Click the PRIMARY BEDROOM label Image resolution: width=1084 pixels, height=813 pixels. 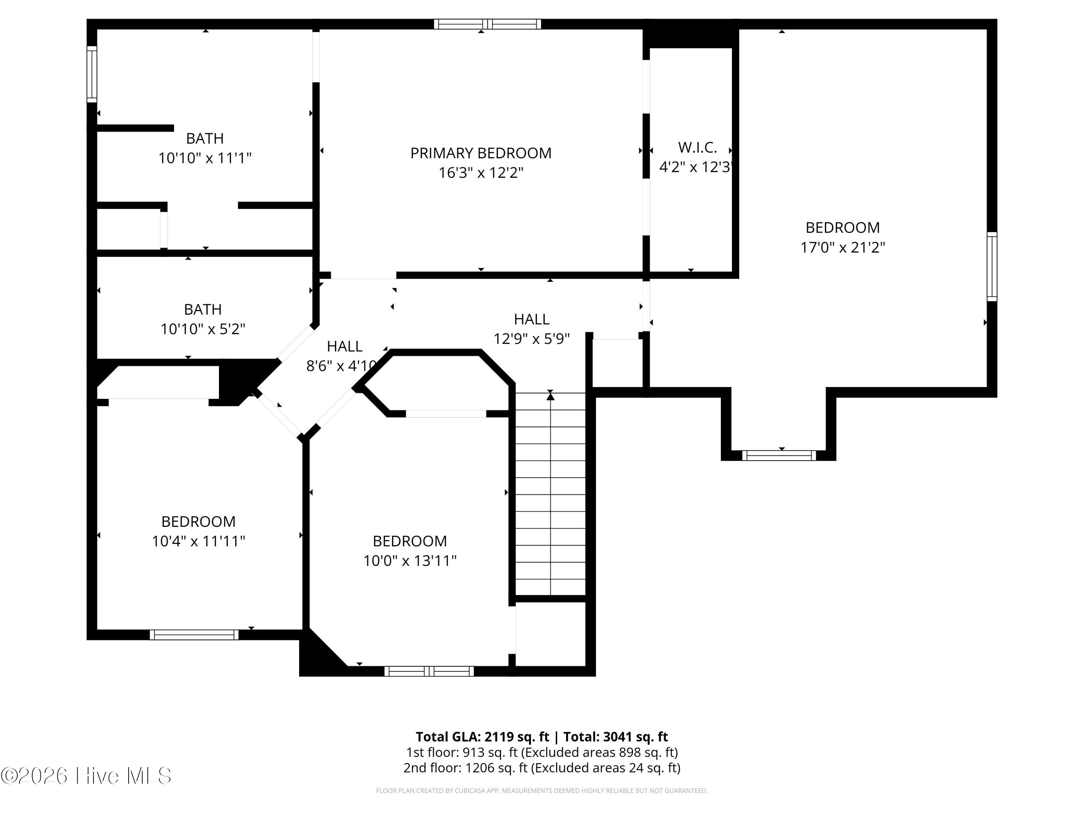[x=481, y=154]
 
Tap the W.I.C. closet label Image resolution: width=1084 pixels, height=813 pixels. [x=697, y=147]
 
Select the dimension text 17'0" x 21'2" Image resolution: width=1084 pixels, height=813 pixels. [x=842, y=248]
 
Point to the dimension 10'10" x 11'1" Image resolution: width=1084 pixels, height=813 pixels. [x=205, y=158]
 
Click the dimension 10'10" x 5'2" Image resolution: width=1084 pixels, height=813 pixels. [x=203, y=329]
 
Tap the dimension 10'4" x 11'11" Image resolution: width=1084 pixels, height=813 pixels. [x=198, y=541]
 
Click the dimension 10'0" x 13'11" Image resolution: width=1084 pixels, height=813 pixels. [x=410, y=561]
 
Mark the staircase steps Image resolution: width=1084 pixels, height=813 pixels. [x=550, y=494]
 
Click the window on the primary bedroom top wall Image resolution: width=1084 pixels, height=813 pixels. [x=487, y=24]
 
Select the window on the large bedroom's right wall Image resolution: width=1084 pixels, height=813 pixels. [x=991, y=267]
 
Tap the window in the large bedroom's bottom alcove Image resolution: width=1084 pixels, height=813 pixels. [x=779, y=456]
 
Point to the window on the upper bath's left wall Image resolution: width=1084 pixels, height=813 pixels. [x=92, y=74]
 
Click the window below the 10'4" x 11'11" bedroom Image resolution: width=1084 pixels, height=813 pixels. [x=194, y=635]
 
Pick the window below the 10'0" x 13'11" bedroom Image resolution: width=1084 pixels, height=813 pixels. [x=429, y=671]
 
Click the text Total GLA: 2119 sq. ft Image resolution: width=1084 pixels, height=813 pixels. [x=482, y=736]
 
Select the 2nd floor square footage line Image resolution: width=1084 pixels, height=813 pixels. [x=542, y=767]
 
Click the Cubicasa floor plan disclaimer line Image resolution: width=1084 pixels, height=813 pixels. [x=542, y=791]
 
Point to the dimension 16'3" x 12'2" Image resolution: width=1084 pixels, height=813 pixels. [x=481, y=173]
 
